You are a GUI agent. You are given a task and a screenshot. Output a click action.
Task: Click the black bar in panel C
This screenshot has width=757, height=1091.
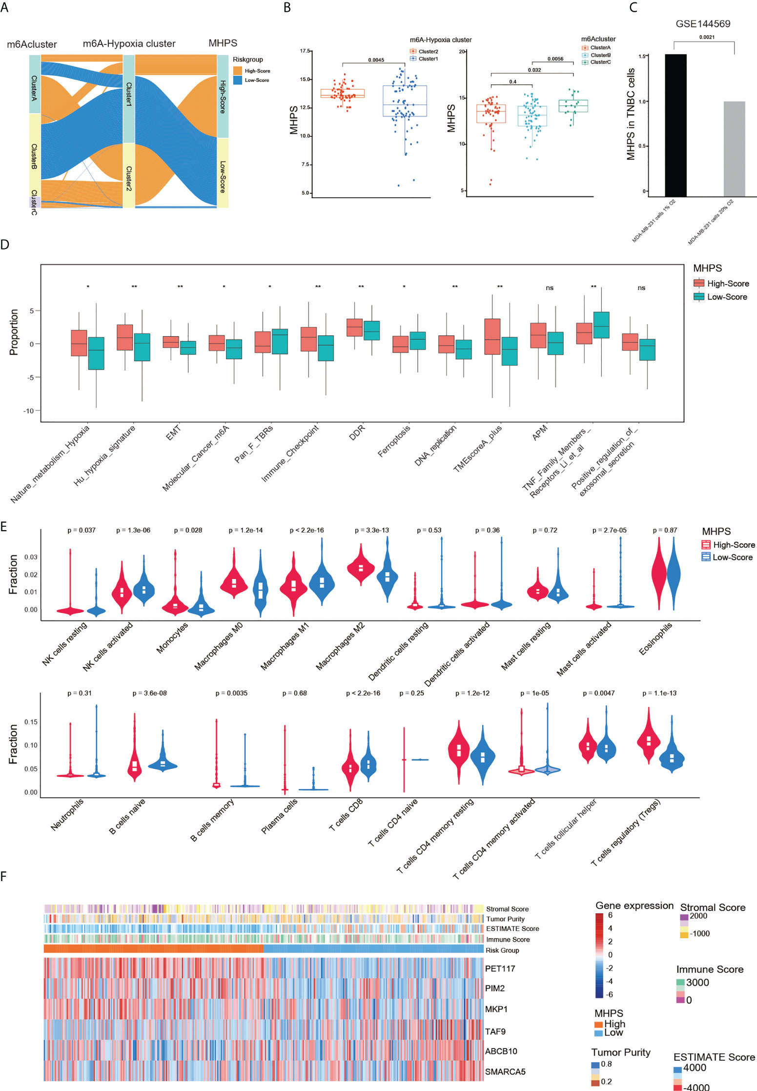[675, 125]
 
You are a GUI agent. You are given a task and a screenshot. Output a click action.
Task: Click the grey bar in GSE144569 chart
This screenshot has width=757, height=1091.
[734, 149]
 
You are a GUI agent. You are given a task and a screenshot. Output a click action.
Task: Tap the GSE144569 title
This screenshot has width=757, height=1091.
[703, 24]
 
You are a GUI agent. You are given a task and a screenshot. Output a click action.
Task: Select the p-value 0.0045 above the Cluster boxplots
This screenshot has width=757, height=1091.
[376, 60]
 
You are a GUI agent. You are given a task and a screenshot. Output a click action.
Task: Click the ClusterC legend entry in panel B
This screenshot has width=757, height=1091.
[600, 62]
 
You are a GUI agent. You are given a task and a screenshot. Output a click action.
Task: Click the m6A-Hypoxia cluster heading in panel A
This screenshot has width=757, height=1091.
[129, 43]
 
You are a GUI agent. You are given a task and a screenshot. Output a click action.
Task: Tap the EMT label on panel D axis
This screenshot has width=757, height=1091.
[174, 432]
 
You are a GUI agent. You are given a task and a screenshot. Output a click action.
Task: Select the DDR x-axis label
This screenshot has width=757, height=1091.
[357, 432]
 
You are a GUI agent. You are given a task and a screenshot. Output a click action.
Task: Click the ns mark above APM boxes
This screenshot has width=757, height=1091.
[550, 288]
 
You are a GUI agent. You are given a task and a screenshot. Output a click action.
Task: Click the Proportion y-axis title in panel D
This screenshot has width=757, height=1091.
[14, 332]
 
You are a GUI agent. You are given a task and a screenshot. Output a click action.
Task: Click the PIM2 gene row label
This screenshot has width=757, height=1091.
[495, 988]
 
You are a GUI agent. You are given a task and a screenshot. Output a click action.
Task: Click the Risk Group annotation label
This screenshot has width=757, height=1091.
[502, 950]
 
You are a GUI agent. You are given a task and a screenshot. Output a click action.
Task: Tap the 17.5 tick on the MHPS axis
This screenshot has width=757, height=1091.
[305, 51]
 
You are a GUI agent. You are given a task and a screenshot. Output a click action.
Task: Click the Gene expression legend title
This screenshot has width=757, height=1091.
[634, 906]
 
